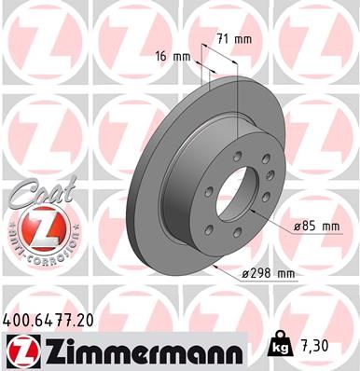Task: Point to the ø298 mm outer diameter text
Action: pyautogui.click(x=267, y=272)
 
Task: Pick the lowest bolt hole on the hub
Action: pyautogui.click(x=245, y=249)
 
